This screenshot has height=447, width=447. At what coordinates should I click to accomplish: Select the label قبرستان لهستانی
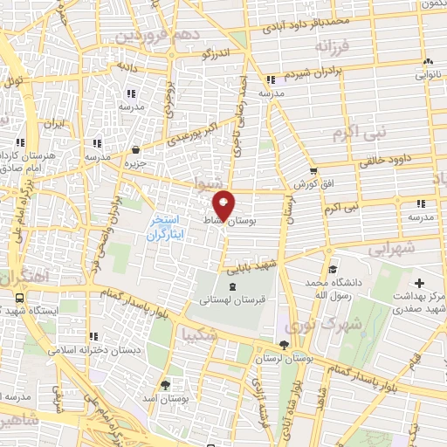231,299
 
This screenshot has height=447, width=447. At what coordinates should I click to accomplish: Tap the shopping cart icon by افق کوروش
313,171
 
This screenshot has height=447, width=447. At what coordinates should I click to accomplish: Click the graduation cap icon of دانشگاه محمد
332,269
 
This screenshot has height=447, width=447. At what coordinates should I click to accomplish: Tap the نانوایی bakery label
429,76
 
